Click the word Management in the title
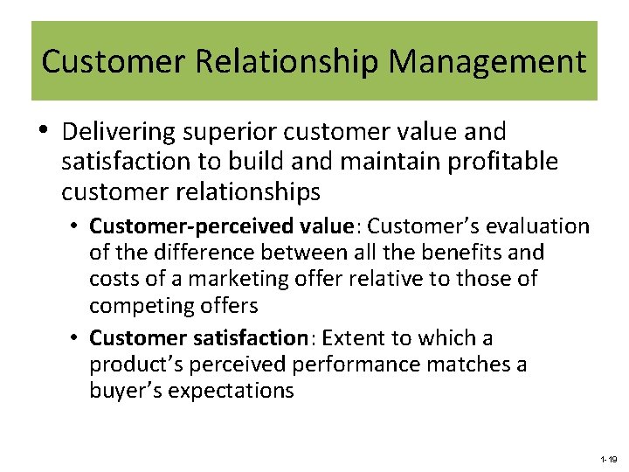(x=487, y=62)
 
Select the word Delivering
(x=118, y=133)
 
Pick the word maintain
(x=391, y=162)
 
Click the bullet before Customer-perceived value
(x=77, y=226)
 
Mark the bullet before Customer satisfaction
(x=77, y=337)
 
